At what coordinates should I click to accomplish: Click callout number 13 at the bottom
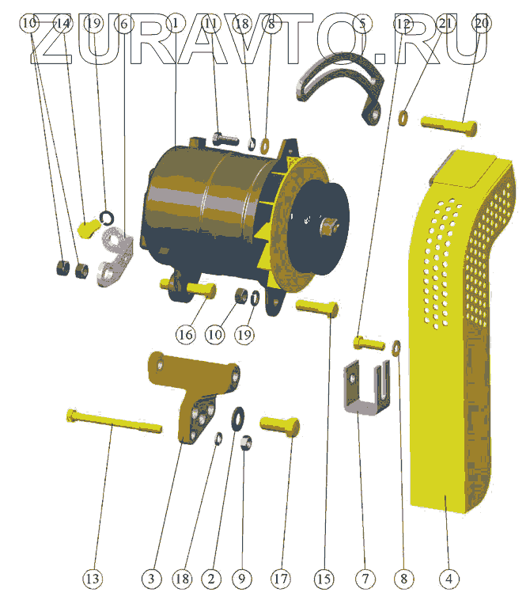click(93, 578)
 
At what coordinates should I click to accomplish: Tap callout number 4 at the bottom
click(449, 578)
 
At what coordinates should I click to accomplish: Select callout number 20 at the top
click(482, 24)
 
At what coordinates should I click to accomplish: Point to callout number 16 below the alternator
click(186, 334)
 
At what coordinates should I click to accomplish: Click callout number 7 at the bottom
click(365, 578)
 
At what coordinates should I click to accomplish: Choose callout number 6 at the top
click(124, 24)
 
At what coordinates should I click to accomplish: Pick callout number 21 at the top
click(445, 24)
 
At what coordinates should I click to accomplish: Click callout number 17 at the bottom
click(281, 578)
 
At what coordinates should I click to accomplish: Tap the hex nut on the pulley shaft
click(329, 227)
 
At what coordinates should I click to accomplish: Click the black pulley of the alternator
click(320, 227)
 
